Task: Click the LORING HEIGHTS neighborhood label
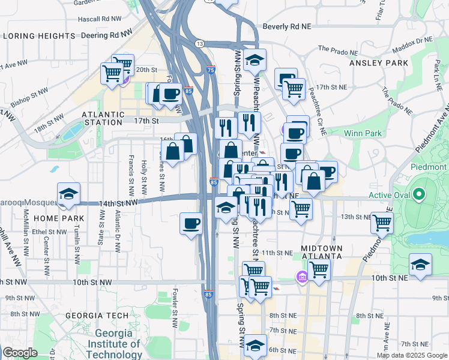click(39, 36)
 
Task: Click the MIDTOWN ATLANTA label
click(321, 253)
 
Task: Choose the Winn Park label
click(363, 133)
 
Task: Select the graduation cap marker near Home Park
click(68, 193)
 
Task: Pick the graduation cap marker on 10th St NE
click(420, 264)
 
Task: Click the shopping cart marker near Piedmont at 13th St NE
click(382, 223)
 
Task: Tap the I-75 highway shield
click(211, 70)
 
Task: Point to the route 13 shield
click(199, 44)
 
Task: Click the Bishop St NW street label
click(28, 97)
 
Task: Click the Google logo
click(20, 353)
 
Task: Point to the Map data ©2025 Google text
click(411, 355)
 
